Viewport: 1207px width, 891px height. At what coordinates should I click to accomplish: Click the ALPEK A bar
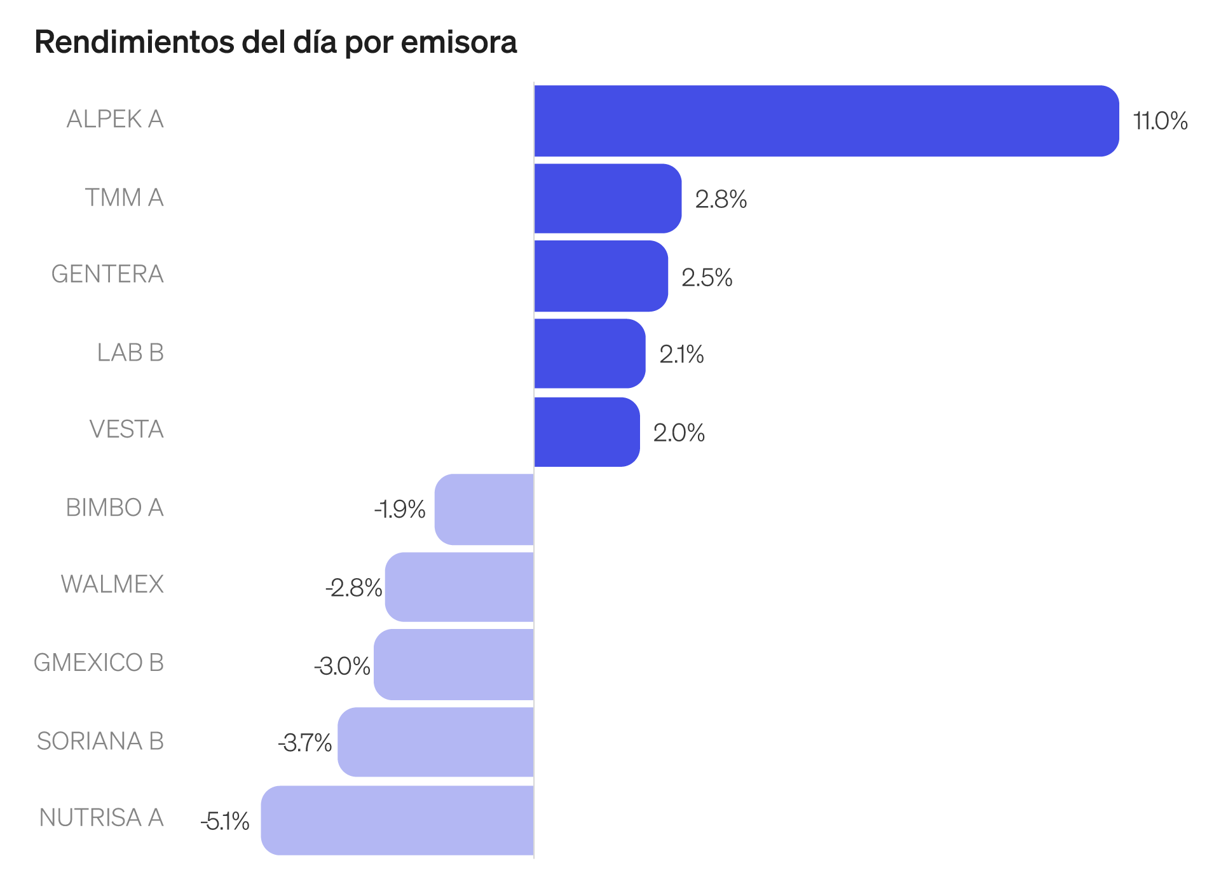pyautogui.click(x=826, y=121)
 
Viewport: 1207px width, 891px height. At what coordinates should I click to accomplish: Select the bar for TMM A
pyautogui.click(x=608, y=198)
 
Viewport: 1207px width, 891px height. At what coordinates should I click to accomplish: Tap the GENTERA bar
pyautogui.click(x=601, y=276)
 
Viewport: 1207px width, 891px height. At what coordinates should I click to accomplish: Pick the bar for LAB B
pyautogui.click(x=590, y=354)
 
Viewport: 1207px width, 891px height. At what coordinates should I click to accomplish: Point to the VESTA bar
pyautogui.click(x=587, y=432)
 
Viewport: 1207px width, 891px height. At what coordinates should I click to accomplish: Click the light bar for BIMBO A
pyautogui.click(x=484, y=509)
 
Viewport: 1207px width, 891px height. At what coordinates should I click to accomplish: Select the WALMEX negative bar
pyautogui.click(x=460, y=587)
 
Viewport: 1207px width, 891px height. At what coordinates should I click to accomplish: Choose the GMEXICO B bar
pyautogui.click(x=454, y=665)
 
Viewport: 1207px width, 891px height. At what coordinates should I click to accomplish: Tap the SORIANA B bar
pyautogui.click(x=436, y=742)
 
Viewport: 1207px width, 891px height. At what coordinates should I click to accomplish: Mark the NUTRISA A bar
pyautogui.click(x=397, y=820)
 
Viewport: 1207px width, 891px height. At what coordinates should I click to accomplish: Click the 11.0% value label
pyautogui.click(x=1160, y=121)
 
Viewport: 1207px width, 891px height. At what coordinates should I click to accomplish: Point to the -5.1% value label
pyautogui.click(x=225, y=822)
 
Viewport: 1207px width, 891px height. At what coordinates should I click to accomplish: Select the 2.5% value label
pyautogui.click(x=707, y=278)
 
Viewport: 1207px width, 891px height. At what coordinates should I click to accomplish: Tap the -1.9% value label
pyautogui.click(x=399, y=509)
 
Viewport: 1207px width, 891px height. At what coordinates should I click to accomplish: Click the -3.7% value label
pyautogui.click(x=304, y=743)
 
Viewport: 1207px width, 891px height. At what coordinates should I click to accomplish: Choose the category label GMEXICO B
pyautogui.click(x=99, y=663)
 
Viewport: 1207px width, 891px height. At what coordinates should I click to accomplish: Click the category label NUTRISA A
pyautogui.click(x=101, y=818)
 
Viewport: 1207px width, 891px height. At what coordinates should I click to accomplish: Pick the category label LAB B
pyautogui.click(x=130, y=352)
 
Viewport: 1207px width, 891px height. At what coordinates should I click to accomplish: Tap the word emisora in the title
pyautogui.click(x=459, y=43)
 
